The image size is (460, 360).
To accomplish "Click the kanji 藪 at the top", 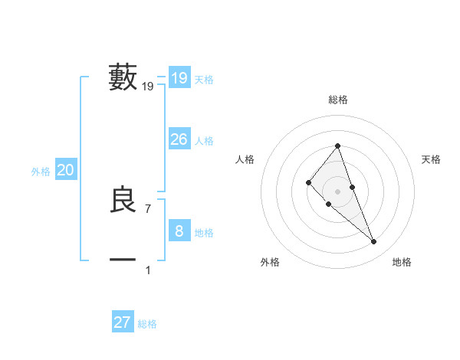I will [123, 78].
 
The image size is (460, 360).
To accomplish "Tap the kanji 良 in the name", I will [123, 201].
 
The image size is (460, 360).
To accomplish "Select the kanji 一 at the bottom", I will [123, 260].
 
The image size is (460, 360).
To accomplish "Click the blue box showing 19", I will [179, 78].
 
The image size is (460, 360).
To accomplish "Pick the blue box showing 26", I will [179, 139].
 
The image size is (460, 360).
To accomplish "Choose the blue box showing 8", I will [179, 231].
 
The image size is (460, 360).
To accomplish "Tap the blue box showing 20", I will [65, 170].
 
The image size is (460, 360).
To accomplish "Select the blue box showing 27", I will [123, 322].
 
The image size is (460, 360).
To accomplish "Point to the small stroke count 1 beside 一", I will [148, 270].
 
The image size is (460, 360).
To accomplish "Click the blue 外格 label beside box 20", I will [41, 172].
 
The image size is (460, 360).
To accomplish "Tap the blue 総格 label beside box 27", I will [147, 324].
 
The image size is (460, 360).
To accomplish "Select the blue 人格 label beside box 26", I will [204, 141].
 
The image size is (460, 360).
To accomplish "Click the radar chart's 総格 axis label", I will [338, 100].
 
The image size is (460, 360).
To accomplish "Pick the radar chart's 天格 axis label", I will [431, 159].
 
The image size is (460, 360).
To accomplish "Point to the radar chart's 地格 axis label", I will [402, 262].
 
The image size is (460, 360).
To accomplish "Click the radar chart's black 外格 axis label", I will [270, 262].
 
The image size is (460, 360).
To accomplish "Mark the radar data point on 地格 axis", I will [374, 242].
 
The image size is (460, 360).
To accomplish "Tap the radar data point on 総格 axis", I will [338, 146].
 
